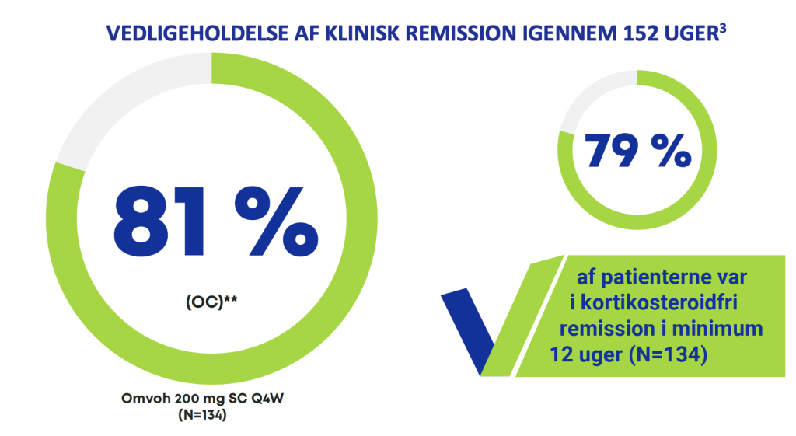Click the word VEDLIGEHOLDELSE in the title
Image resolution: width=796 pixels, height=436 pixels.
click(197, 34)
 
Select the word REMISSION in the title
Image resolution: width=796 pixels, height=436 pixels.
click(460, 34)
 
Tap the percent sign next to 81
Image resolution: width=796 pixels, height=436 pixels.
click(277, 221)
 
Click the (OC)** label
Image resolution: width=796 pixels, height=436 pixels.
click(211, 302)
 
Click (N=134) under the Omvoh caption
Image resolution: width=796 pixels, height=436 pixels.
click(203, 415)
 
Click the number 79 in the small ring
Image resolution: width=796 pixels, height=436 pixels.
click(611, 151)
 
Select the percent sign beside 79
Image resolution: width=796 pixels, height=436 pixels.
click(672, 151)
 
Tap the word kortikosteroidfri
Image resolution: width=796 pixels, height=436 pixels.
click(659, 302)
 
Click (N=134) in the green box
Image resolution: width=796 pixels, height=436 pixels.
click(668, 354)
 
